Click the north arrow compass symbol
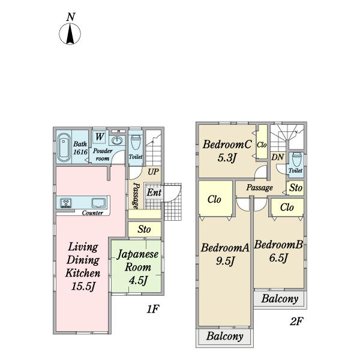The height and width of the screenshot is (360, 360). point(70,34)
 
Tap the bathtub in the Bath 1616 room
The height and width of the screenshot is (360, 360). point(64,147)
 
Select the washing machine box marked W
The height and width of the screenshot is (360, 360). point(99,137)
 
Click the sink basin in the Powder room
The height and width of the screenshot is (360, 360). point(118,140)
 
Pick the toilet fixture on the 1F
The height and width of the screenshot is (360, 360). point(136,143)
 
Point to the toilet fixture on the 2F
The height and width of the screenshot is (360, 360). point(296,160)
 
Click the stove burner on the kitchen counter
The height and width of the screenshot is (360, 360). point(66,203)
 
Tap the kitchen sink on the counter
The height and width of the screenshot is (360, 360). point(98,203)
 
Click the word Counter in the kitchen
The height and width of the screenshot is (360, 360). point(92,213)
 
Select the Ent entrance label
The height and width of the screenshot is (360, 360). point(154,193)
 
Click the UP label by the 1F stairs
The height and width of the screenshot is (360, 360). point(153,172)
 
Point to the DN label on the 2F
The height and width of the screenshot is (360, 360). point(278,157)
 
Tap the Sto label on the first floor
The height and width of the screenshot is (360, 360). point(144,229)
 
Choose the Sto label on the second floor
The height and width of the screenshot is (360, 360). point(296,188)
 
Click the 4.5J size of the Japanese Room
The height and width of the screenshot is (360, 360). point(138,280)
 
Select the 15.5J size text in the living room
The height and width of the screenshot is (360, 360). point(83,286)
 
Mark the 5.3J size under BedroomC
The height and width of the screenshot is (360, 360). point(227,158)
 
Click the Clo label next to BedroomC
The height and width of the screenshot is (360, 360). point(262,145)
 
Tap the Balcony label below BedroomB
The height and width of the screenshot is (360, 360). point(280,299)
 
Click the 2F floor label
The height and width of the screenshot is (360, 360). point(296,322)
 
